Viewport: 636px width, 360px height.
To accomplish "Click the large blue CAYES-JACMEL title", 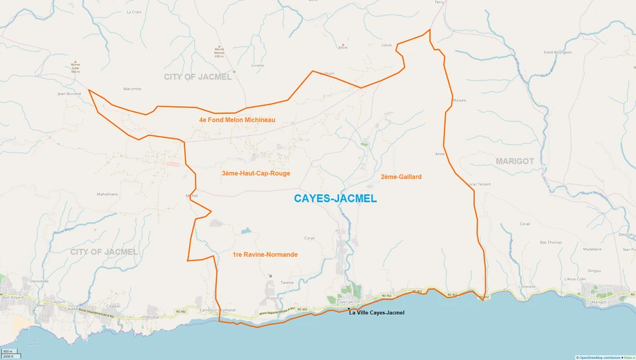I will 335,198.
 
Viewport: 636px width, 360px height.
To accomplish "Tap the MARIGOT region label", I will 515,162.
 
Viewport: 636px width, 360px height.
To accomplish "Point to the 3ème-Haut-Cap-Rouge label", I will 256,173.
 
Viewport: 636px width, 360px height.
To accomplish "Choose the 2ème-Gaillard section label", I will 401,177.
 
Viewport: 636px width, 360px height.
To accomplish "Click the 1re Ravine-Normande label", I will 265,254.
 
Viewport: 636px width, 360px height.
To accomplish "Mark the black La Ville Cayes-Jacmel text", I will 377,313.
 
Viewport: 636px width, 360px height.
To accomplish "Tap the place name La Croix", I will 134,11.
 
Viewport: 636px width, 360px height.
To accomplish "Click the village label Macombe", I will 132,89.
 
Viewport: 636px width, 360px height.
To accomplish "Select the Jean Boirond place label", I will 69,93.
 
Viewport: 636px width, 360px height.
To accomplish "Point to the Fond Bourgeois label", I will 558,52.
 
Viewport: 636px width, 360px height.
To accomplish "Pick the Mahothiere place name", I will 107,195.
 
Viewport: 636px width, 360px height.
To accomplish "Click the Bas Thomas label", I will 551,242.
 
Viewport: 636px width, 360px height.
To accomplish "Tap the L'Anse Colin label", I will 574,279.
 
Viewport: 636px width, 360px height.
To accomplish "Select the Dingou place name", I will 594,270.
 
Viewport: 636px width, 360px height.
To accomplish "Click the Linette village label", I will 258,66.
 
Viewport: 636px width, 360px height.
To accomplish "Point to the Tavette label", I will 287,282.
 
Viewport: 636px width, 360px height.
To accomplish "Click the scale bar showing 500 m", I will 8,352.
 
